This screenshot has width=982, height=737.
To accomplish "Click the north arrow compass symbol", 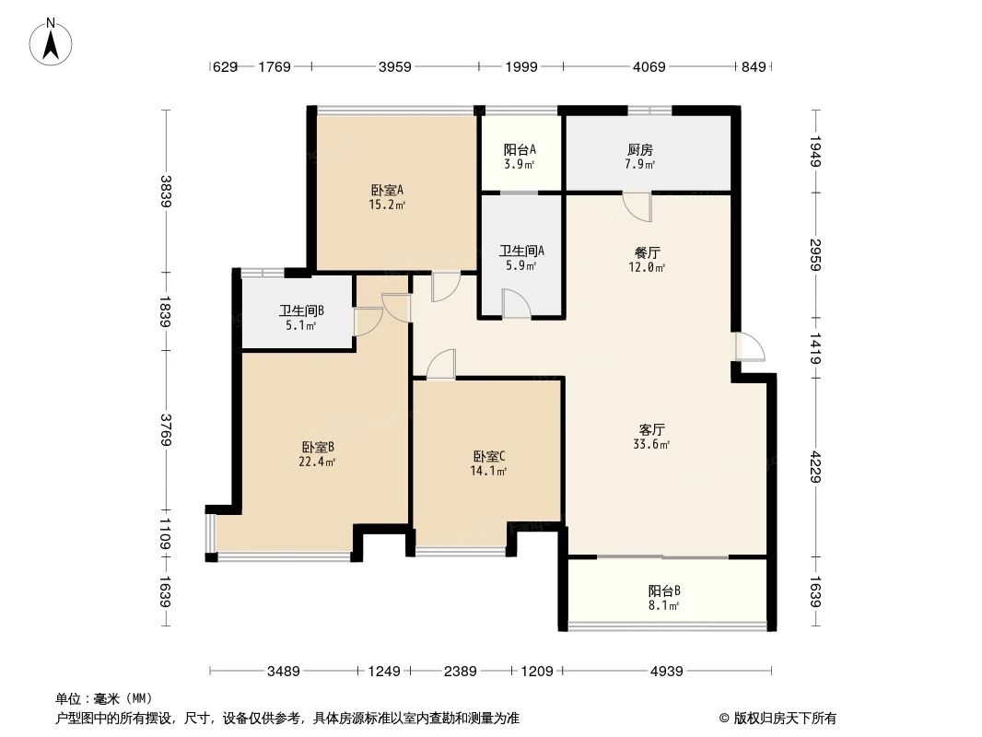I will (x=53, y=41).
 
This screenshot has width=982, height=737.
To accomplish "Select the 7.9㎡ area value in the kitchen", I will (x=639, y=165).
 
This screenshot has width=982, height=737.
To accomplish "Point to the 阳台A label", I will (x=520, y=150).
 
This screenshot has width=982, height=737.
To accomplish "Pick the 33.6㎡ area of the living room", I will (x=653, y=444).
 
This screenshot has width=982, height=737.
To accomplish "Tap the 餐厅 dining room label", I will (x=648, y=252).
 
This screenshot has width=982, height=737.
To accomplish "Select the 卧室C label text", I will (x=488, y=456).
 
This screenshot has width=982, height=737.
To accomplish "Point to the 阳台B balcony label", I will (x=663, y=591).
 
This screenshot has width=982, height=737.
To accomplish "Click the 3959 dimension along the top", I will (x=393, y=66).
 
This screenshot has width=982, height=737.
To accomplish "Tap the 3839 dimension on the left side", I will (x=166, y=191).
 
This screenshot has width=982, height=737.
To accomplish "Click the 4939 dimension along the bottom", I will (x=665, y=672).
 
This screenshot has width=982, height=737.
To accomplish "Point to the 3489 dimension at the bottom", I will (x=285, y=672).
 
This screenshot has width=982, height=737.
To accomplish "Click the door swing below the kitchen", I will (x=637, y=207).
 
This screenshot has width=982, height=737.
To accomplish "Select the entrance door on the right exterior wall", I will (x=749, y=346).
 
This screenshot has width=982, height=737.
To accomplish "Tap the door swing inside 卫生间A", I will (x=517, y=303).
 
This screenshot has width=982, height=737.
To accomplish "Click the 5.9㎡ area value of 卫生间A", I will (x=520, y=265).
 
